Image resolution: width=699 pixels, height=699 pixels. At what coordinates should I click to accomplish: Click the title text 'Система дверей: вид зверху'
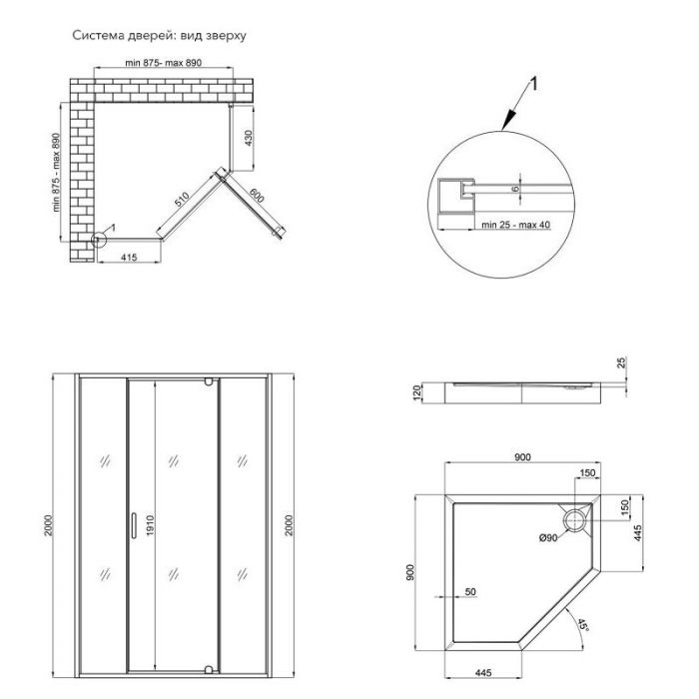(158, 35)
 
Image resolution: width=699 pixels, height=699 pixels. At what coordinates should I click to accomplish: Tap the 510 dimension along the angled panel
(182, 199)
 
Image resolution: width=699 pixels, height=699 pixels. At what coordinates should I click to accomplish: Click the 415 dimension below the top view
(125, 257)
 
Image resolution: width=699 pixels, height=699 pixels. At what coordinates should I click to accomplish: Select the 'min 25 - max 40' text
(516, 226)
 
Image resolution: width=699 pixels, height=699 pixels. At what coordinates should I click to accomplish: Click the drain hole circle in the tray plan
(576, 519)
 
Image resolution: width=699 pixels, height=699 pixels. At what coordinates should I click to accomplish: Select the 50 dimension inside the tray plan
(470, 592)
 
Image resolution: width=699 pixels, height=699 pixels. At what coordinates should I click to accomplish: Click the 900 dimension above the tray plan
(521, 456)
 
